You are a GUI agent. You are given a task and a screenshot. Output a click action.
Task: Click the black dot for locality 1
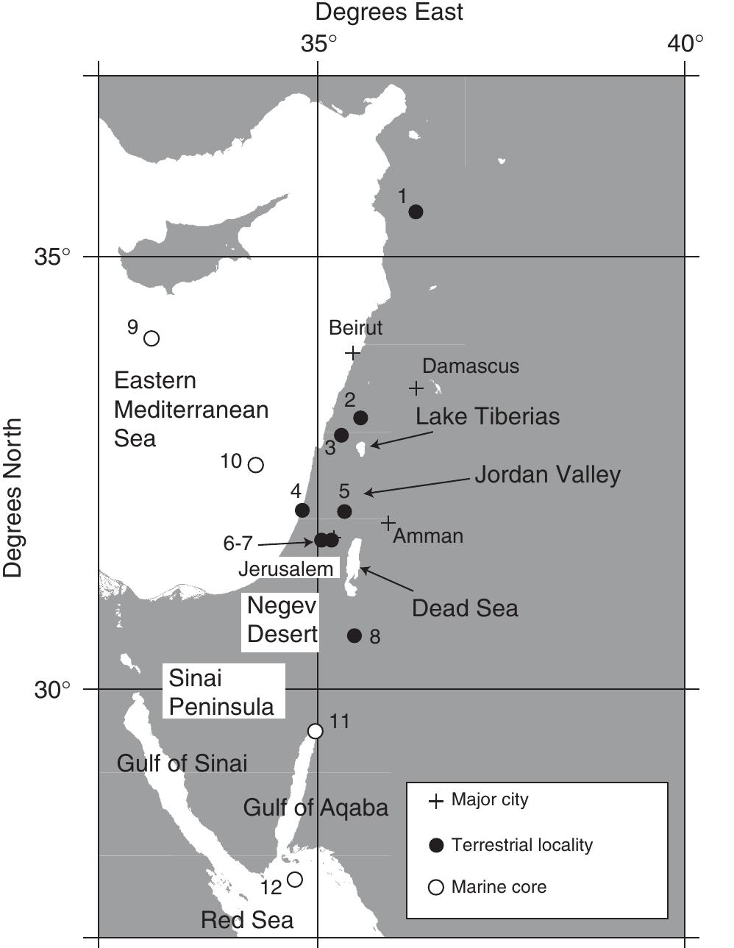[416, 212]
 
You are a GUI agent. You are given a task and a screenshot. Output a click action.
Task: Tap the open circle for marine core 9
[152, 338]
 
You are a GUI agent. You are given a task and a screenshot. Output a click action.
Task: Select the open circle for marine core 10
[256, 465]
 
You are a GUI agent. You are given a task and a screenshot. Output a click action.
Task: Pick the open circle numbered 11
[316, 731]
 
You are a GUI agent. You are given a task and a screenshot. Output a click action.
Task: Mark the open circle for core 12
[295, 879]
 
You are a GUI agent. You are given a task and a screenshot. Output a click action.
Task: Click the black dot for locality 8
[354, 635]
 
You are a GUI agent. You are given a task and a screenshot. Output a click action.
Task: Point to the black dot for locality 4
[302, 510]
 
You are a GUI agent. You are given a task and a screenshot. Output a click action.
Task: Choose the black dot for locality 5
[344, 511]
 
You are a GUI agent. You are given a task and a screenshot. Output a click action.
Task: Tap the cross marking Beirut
[353, 353]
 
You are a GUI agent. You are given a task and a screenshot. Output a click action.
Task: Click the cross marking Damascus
[416, 388]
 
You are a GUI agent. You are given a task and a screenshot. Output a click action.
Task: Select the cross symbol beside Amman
[388, 523]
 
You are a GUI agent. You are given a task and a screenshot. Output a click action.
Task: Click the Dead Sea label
[465, 608]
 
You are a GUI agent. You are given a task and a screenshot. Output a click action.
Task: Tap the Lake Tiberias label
[488, 416]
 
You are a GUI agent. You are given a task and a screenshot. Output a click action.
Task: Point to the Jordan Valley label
[547, 474]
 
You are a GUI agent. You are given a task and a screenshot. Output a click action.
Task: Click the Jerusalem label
[285, 569]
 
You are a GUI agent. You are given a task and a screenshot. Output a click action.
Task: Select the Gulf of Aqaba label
[316, 808]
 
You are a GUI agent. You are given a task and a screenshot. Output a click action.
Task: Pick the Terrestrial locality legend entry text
[522, 845]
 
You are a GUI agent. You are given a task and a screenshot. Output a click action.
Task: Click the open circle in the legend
[436, 888]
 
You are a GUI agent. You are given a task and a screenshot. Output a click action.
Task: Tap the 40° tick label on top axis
[685, 44]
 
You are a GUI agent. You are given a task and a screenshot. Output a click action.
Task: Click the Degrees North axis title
[13, 499]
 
